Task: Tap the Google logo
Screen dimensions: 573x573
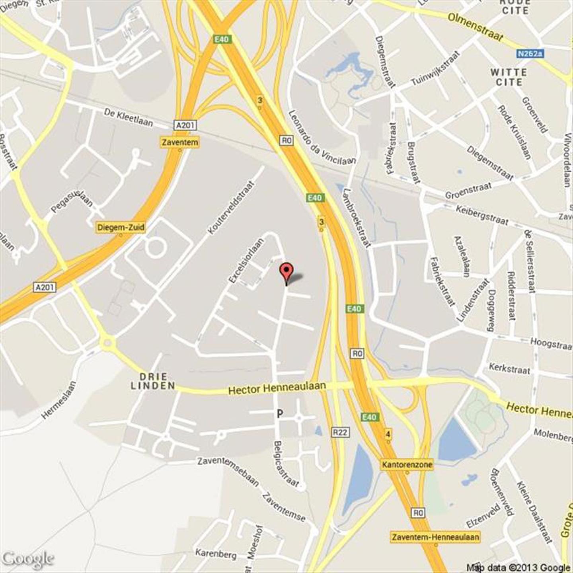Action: (27, 559)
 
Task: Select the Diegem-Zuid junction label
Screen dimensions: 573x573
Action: (121, 228)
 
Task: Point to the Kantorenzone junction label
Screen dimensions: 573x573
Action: (407, 464)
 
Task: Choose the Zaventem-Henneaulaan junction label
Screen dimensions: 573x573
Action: (435, 537)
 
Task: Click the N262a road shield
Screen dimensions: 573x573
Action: (530, 53)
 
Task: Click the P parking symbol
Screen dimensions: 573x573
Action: (280, 414)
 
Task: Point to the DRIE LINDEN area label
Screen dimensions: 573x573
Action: (153, 381)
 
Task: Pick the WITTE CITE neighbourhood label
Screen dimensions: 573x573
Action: (509, 77)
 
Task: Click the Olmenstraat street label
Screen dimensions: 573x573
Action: (475, 27)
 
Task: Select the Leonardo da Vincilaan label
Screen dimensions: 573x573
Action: (321, 137)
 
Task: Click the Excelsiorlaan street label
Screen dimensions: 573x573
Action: (246, 261)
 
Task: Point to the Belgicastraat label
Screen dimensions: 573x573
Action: (286, 464)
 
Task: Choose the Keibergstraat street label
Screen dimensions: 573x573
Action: (481, 214)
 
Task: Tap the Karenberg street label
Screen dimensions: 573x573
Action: (216, 553)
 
